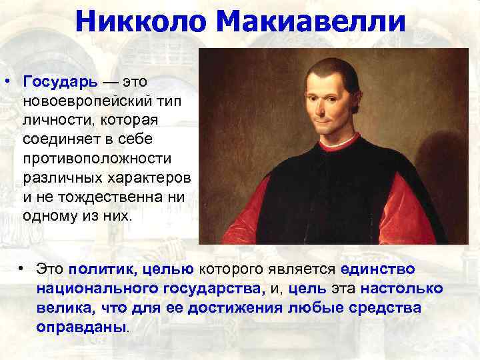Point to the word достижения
[261, 309]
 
